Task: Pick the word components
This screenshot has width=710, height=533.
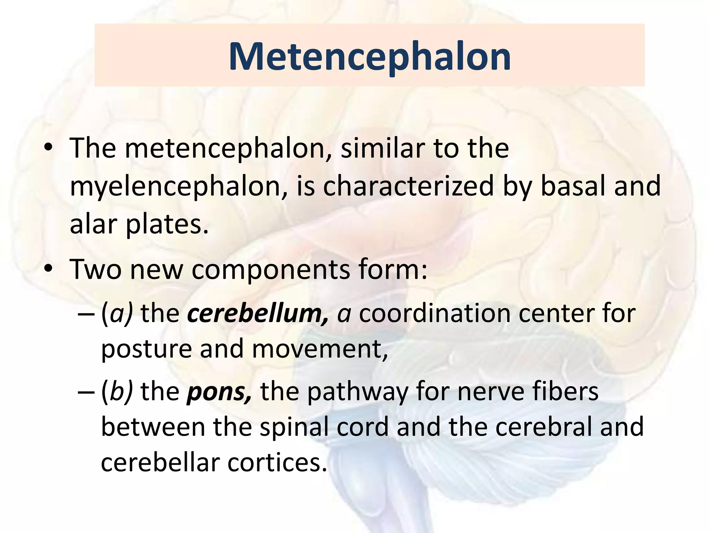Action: click(271, 270)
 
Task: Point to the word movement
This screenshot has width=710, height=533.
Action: click(319, 349)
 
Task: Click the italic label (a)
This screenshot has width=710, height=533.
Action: click(117, 313)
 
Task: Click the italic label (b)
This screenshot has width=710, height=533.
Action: click(117, 391)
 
